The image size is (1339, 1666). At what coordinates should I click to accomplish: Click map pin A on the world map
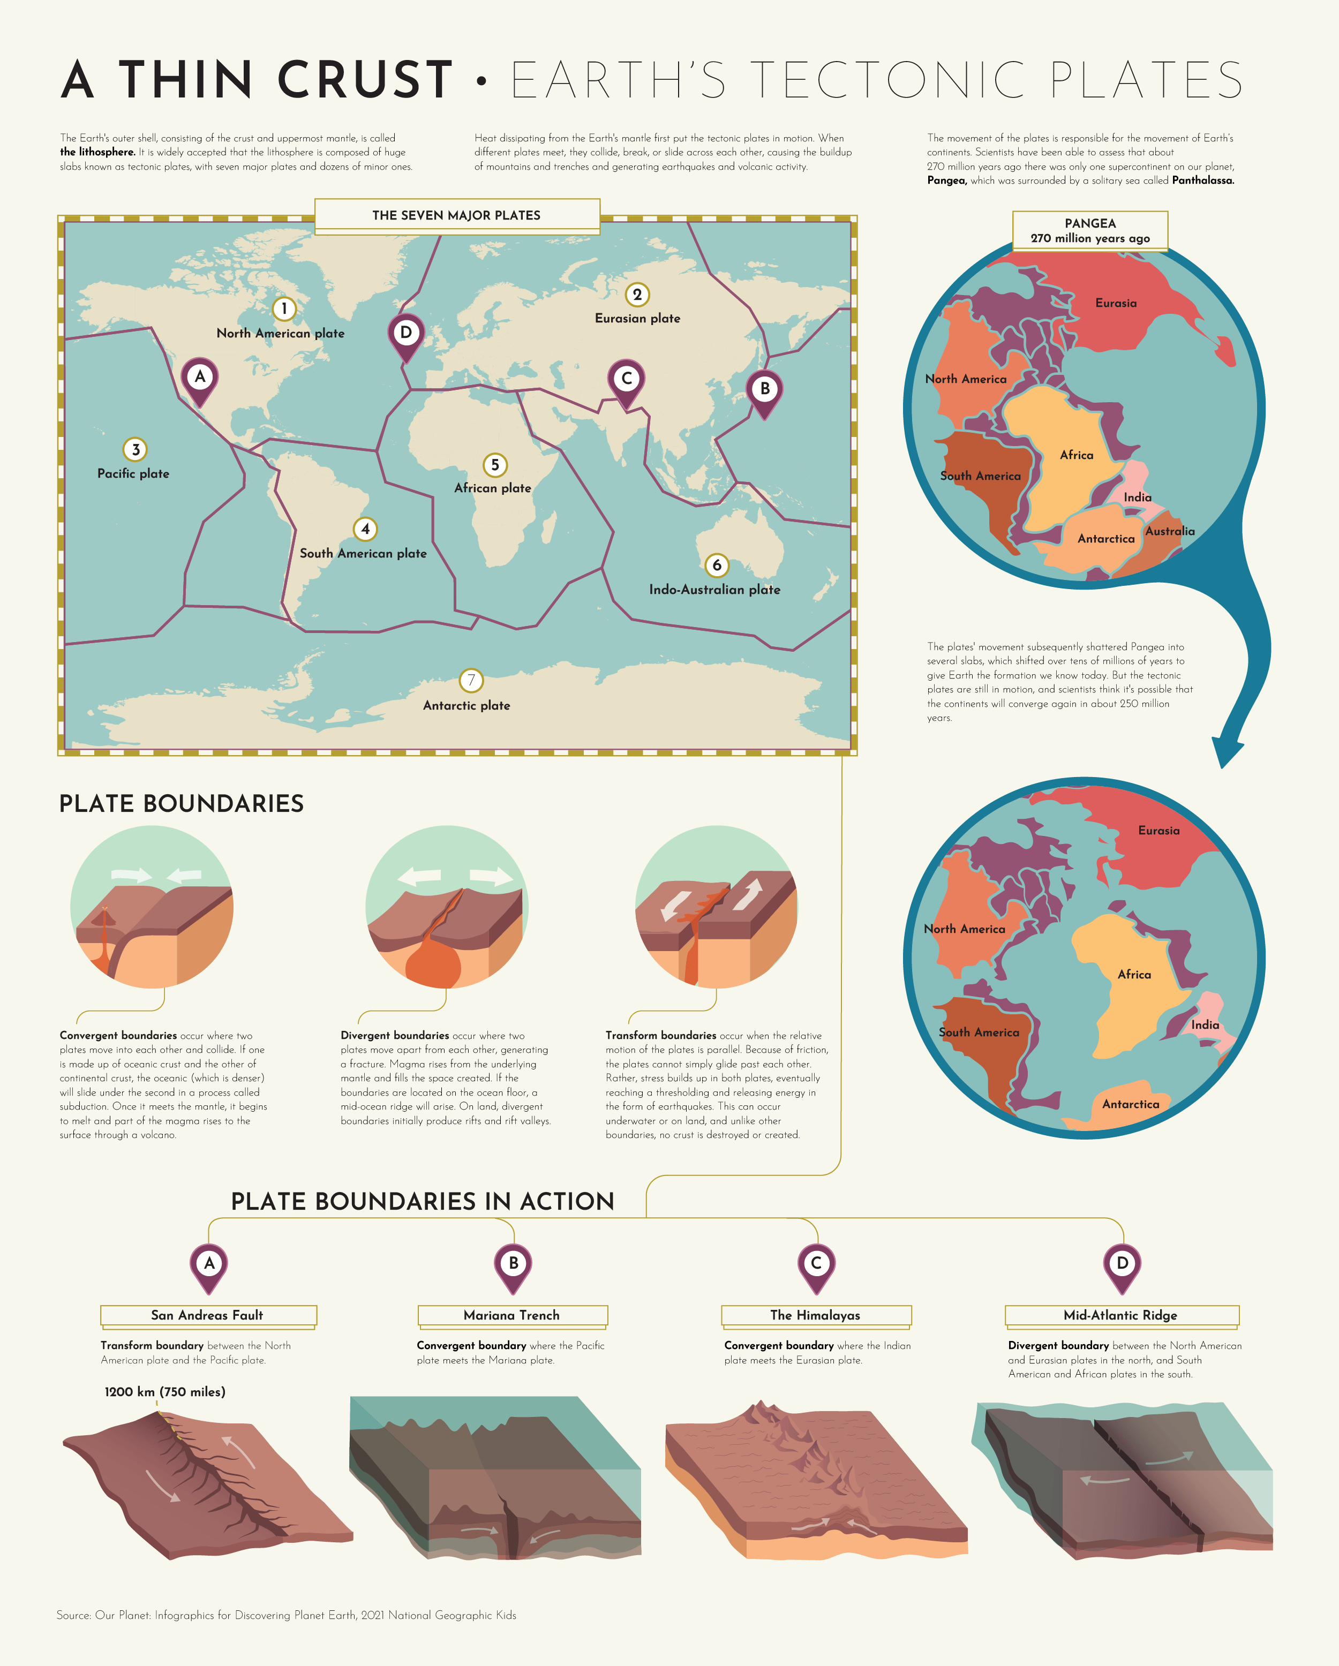click(199, 378)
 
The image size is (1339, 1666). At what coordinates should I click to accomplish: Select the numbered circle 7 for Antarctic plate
click(471, 680)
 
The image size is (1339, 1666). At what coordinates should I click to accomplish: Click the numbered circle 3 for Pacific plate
click(135, 449)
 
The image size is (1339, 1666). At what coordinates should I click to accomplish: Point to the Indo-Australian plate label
click(714, 590)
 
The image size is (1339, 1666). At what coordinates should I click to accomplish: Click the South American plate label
click(363, 553)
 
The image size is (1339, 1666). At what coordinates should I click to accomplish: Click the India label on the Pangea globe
click(1137, 497)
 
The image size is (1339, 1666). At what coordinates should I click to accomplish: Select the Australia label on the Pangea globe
click(1169, 531)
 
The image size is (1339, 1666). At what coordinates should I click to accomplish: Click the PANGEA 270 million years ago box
click(1089, 230)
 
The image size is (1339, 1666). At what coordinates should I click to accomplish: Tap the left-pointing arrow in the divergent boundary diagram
click(419, 876)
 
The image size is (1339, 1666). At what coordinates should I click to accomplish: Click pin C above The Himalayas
click(816, 1265)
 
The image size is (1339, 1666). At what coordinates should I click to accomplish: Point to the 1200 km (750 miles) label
click(164, 1392)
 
